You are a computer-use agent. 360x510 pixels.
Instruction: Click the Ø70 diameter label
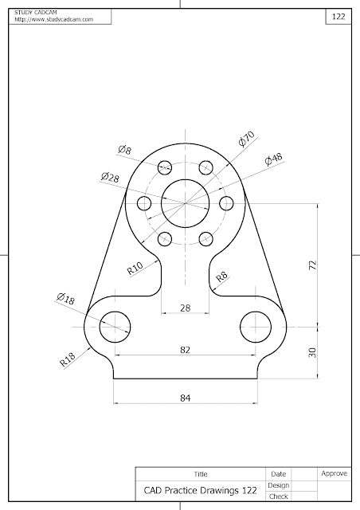pyautogui.click(x=246, y=141)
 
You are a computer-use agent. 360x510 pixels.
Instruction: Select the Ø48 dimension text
pyautogui.click(x=273, y=159)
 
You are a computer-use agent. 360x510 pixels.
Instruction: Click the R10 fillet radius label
pyautogui.click(x=135, y=268)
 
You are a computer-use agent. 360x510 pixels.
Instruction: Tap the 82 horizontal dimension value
pyautogui.click(x=185, y=349)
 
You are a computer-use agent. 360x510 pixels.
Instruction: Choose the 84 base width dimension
pyautogui.click(x=185, y=397)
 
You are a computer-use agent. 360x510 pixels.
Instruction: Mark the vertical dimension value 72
pyautogui.click(x=311, y=265)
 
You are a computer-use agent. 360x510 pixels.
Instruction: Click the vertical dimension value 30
pyautogui.click(x=311, y=351)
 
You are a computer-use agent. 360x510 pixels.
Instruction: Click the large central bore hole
pyautogui.click(x=185, y=202)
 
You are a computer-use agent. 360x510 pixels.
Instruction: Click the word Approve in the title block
pyautogui.click(x=333, y=474)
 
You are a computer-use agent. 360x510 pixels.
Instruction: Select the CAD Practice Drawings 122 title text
pyautogui.click(x=200, y=492)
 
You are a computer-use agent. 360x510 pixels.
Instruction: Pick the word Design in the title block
pyautogui.click(x=279, y=485)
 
